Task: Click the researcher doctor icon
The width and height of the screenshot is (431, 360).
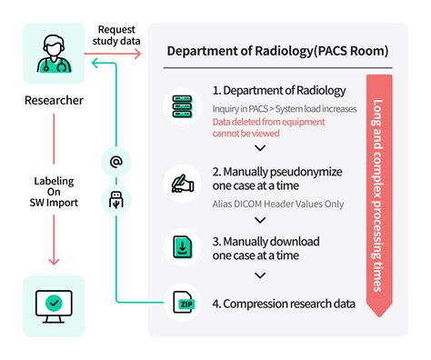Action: (54, 54)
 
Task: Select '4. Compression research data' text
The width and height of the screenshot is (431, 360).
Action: (283, 304)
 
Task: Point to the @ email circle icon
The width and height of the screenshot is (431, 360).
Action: (116, 163)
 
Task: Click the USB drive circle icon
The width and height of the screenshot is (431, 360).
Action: (116, 198)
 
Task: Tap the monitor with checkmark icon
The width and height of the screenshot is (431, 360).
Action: (54, 305)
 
